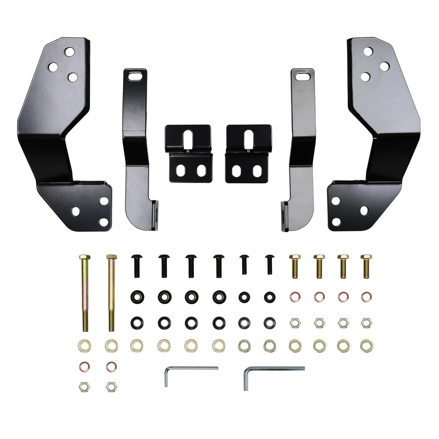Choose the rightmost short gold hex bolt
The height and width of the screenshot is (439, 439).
click(x=366, y=265)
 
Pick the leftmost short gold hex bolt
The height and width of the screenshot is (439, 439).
click(x=294, y=265)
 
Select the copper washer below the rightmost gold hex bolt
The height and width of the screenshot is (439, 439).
click(x=367, y=297)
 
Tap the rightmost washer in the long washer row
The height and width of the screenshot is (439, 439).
click(x=367, y=345)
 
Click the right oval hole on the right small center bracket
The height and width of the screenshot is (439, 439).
click(x=257, y=170)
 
